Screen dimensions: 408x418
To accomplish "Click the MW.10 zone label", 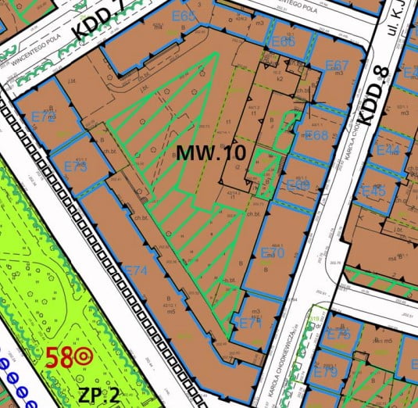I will pos(212,152).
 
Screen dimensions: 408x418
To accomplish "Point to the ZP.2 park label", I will pos(99,394).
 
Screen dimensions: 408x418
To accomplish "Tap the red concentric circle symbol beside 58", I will pos(82,359).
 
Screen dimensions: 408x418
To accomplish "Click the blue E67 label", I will pos(337,65).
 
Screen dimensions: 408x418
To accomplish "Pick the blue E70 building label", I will pos(272,253).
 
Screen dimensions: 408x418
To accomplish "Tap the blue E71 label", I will pos(250,323).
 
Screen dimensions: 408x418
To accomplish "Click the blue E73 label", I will pos(75,166).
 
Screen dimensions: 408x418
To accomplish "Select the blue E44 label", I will pos(388,149).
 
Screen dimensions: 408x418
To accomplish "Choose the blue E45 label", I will pos(373,190).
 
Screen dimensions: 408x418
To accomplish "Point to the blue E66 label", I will pos(283,42).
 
